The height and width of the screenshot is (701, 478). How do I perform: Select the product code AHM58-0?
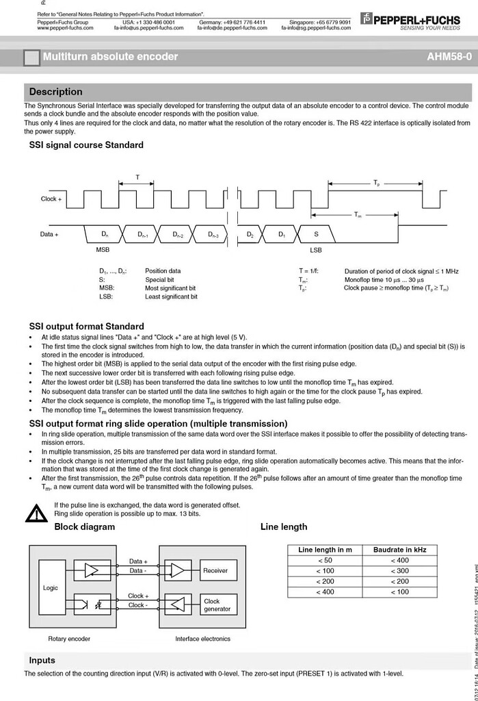click(x=449, y=57)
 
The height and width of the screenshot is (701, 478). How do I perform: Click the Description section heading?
click(x=55, y=92)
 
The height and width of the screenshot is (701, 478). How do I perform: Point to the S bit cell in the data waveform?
click(x=316, y=235)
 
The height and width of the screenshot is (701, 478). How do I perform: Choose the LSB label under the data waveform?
click(x=316, y=250)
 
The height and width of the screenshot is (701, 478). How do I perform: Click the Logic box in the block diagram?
click(x=51, y=588)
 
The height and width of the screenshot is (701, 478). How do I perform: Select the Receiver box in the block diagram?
click(x=215, y=570)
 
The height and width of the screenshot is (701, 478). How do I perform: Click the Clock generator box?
click(x=217, y=605)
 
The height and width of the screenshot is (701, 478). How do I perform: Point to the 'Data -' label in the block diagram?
click(x=137, y=571)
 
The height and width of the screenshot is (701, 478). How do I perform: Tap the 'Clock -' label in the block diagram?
click(x=137, y=605)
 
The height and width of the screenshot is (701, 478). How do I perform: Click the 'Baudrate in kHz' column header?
click(x=400, y=550)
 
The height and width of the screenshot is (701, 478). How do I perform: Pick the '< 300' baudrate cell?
click(x=400, y=571)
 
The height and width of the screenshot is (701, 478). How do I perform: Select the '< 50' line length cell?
click(x=325, y=560)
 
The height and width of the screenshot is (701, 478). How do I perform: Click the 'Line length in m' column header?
click(x=325, y=550)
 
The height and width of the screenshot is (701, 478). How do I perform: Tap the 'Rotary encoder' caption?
click(x=69, y=639)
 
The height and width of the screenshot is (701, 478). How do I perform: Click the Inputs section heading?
click(x=42, y=661)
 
